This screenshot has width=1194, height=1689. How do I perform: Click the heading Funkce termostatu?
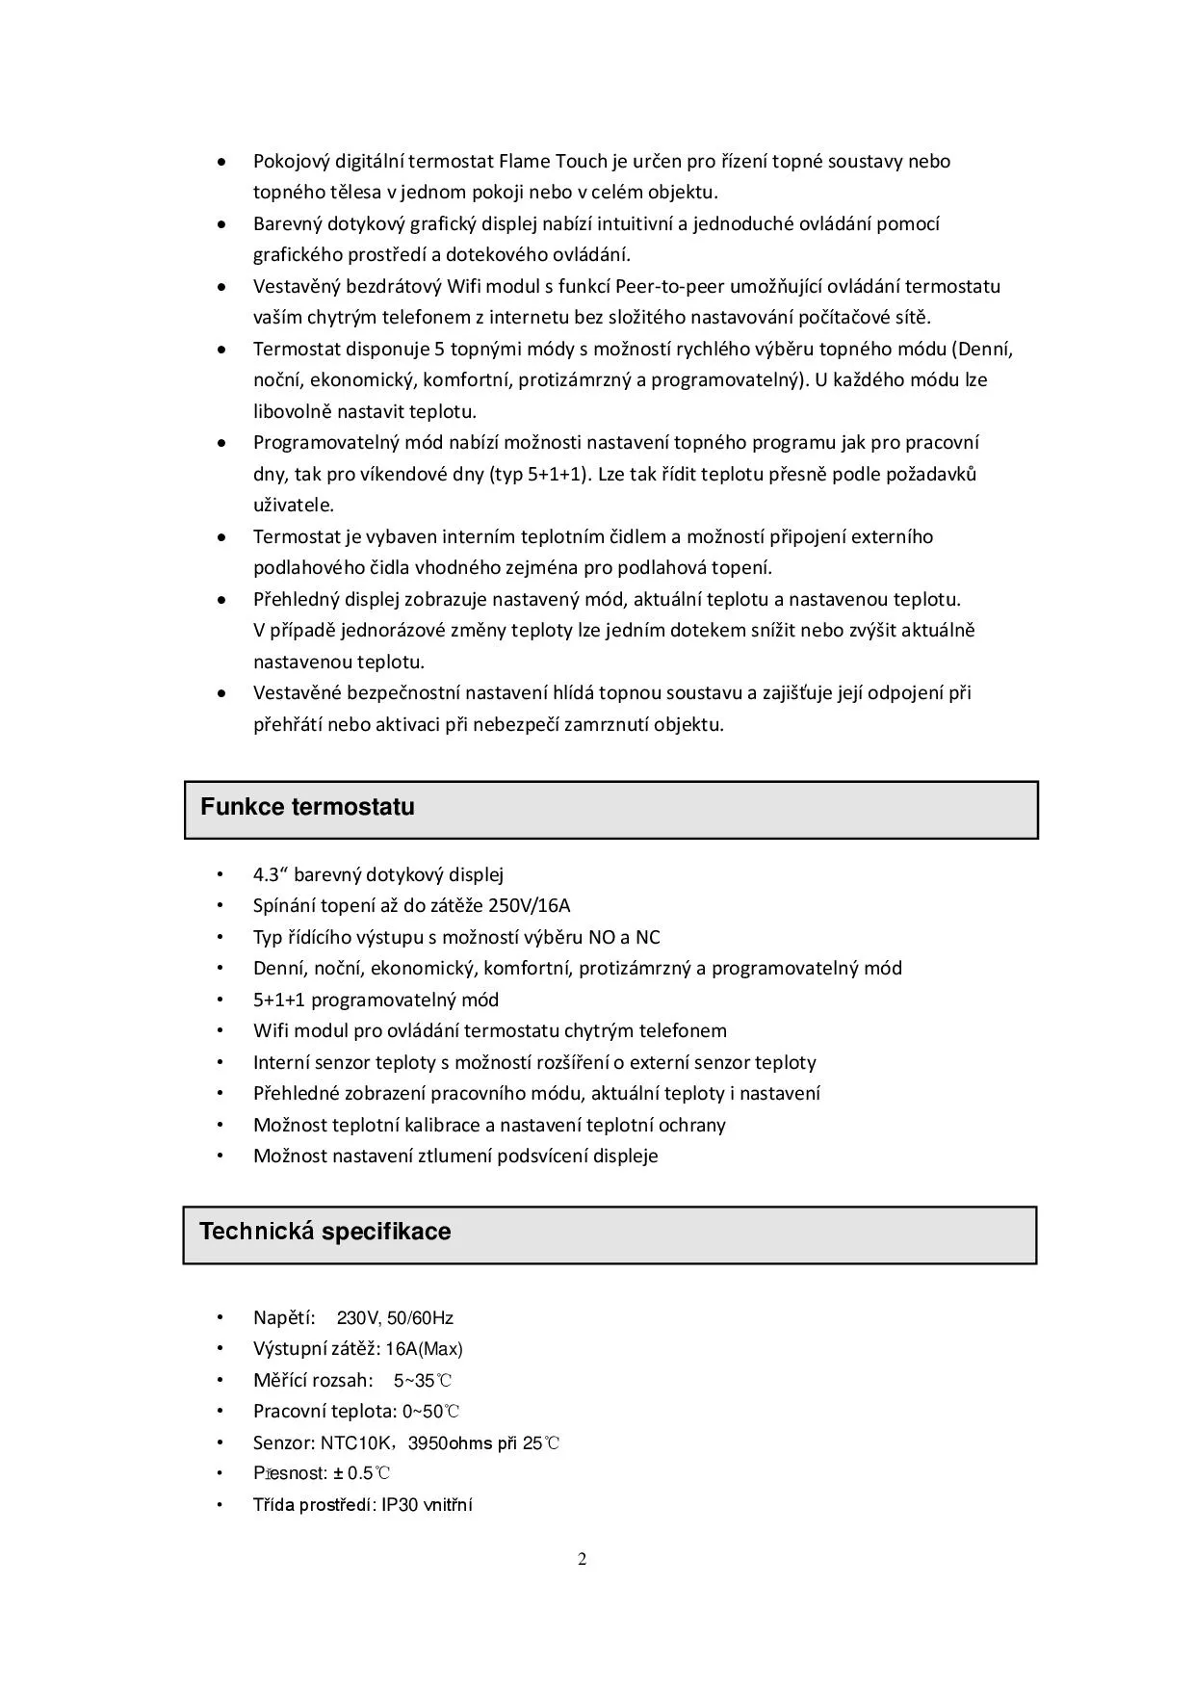[307, 807]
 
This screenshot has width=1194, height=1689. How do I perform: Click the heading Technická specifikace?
[324, 1232]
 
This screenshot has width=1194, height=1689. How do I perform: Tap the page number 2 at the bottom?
[582, 1560]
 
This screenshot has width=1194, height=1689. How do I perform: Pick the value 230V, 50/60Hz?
[395, 1318]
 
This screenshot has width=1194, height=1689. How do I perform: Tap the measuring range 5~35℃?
[423, 1381]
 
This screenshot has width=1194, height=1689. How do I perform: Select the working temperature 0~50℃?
[430, 1412]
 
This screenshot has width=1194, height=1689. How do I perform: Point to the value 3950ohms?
[450, 1442]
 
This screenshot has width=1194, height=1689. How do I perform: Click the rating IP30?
[400, 1505]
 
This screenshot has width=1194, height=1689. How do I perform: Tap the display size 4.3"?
[271, 874]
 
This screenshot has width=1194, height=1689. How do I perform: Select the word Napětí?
[284, 1318]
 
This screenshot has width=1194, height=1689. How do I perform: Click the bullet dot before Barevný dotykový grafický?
[221, 224]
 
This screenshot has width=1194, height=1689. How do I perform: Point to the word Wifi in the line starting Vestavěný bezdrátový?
[465, 286]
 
